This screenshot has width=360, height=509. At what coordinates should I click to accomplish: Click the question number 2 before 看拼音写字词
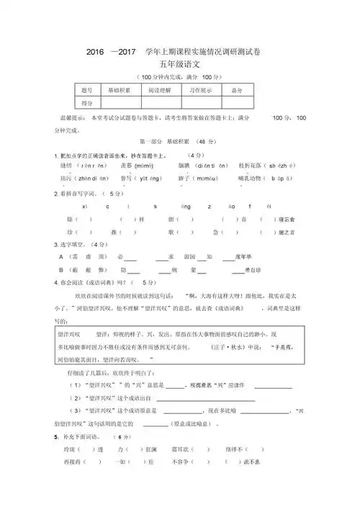tap(56, 193)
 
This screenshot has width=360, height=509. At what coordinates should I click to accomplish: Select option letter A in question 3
tap(61, 256)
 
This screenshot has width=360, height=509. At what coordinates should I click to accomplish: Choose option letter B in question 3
tap(61, 268)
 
